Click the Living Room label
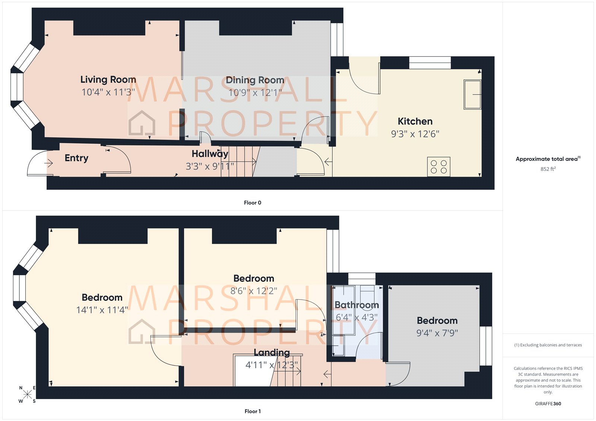tap(108, 80)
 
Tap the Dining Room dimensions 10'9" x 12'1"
tap(255, 92)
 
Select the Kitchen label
tap(415, 121)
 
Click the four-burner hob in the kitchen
tap(438, 166)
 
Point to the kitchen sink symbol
tap(472, 95)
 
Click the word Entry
tap(76, 158)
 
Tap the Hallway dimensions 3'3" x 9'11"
tap(210, 166)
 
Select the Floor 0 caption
tap(252, 203)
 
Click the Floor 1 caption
tap(253, 411)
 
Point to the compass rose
tap(27, 395)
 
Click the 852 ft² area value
tap(548, 169)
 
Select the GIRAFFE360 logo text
tap(548, 404)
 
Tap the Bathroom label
tap(356, 305)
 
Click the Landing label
tap(272, 353)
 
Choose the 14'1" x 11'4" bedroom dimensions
tap(102, 310)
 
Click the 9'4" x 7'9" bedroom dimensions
tap(437, 333)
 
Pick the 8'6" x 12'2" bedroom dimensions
tap(254, 291)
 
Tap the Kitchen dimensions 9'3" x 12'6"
tap(415, 134)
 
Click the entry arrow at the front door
tap(48, 163)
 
